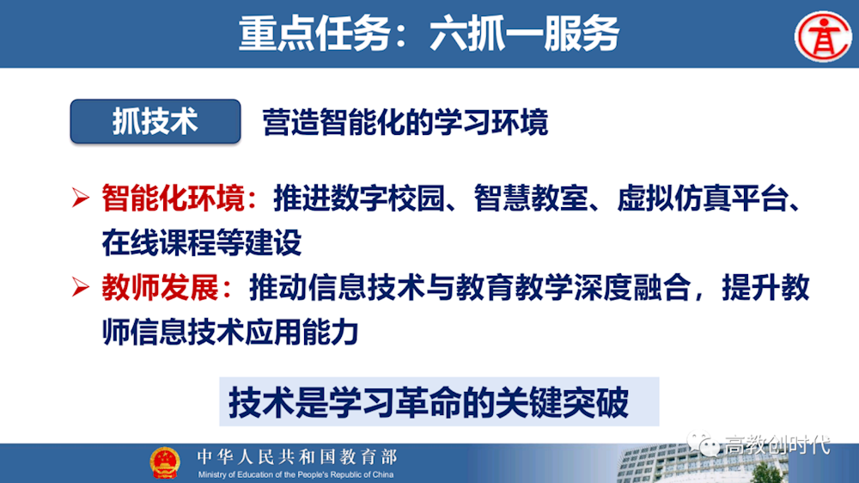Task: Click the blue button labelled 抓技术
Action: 155,121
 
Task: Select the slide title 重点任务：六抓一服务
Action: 429,34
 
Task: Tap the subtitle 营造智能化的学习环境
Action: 405,123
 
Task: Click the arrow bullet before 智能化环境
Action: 81,199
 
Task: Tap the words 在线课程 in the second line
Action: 151,243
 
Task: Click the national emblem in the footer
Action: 165,462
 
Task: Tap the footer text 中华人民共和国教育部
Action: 296,456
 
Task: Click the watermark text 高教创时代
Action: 777,444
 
